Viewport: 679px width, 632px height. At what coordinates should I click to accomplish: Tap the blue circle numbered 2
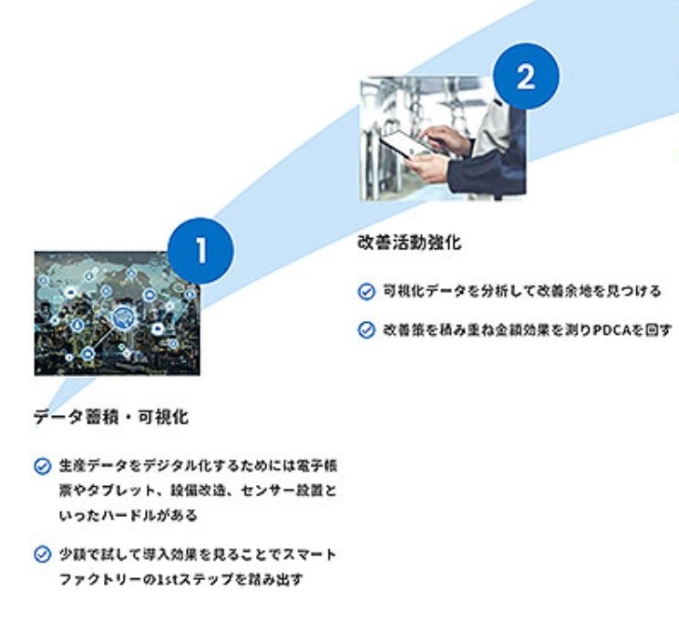[x=527, y=77]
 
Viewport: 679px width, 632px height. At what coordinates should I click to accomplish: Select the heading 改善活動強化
[x=409, y=243]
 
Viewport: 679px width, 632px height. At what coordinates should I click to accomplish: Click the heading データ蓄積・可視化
[x=111, y=417]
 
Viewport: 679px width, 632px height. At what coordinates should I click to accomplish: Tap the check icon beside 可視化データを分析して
[x=366, y=292]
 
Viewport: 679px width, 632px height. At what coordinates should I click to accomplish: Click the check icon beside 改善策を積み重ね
[x=366, y=329]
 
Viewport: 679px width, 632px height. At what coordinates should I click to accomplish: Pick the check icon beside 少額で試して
[x=42, y=554]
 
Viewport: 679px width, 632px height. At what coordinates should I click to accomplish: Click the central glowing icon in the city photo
[x=121, y=316]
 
